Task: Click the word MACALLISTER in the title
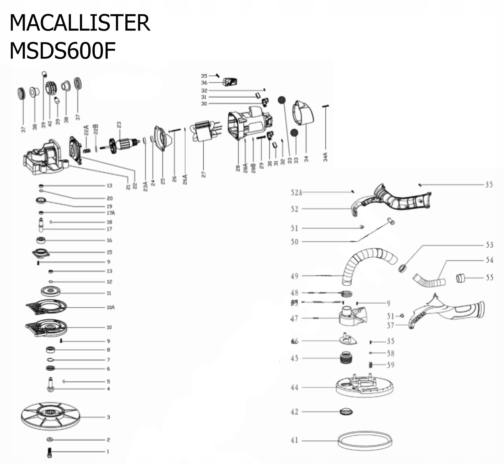coord(80,23)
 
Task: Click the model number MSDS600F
coord(63,51)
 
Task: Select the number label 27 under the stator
coord(204,174)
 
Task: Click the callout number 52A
coord(296,193)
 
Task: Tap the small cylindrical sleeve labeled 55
coord(460,278)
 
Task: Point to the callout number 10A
coord(111,307)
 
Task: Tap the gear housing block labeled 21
coord(45,158)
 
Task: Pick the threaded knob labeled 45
coord(346,358)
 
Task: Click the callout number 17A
coord(111,213)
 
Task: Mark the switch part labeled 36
coord(230,82)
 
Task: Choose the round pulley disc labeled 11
coord(51,291)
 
